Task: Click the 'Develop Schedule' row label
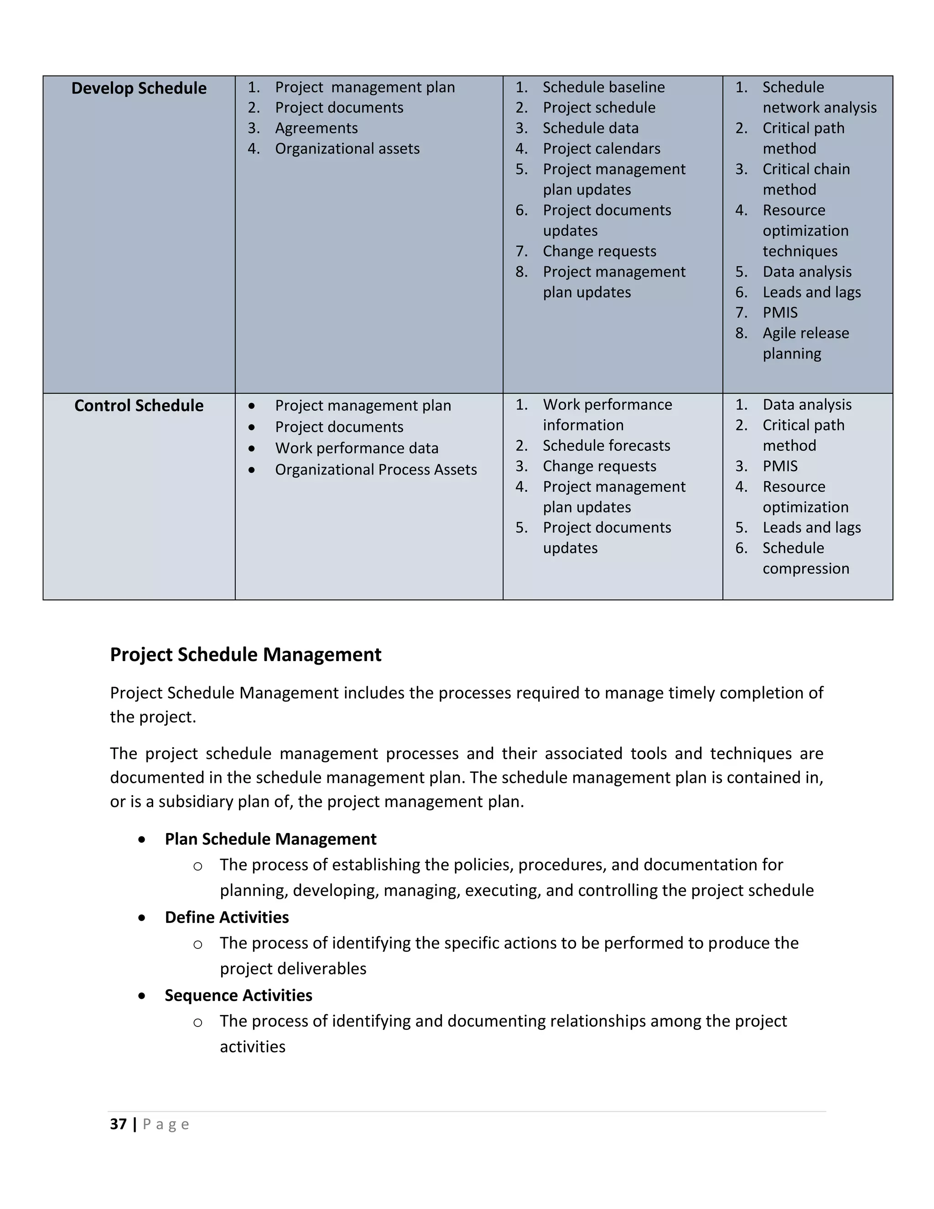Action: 139,89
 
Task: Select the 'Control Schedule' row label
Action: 139,406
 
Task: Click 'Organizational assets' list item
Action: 347,149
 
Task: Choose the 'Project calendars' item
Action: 601,149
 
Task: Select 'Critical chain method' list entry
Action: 806,179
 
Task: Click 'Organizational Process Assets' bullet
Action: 376,470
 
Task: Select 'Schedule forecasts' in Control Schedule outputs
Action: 606,446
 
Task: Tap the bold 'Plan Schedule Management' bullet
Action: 270,839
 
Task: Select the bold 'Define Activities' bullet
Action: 226,917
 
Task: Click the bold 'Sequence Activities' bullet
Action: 238,995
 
